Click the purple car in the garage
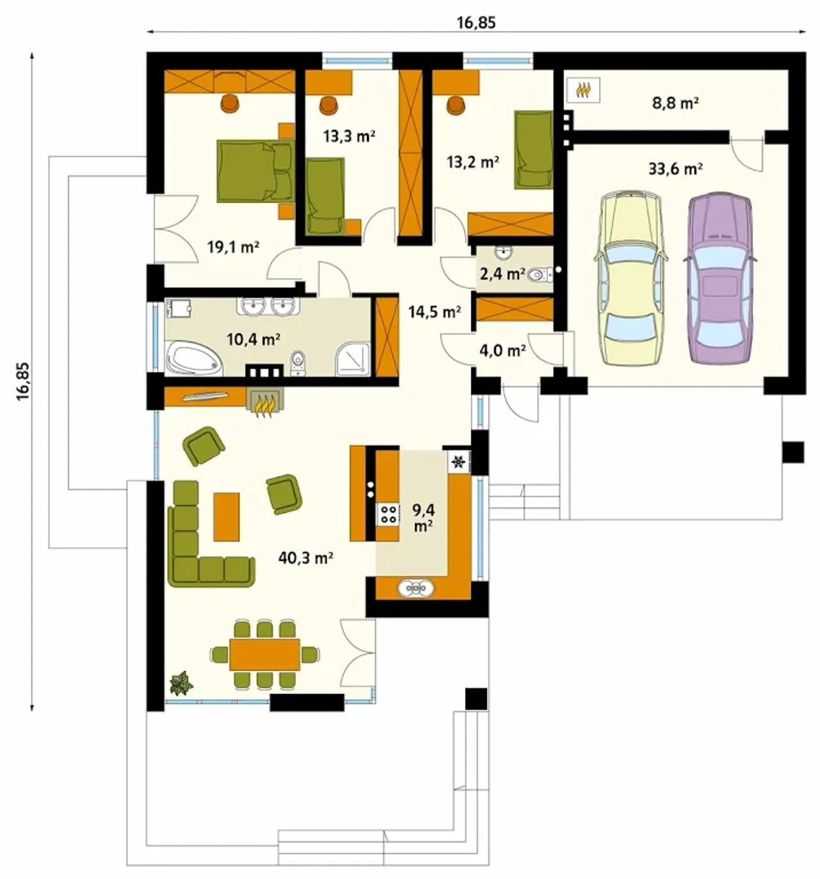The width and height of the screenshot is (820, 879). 719,277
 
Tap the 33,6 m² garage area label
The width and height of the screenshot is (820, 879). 676,169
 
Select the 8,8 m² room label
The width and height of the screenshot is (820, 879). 676,103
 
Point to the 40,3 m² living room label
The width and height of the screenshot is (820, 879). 306,558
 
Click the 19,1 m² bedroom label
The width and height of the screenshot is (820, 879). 233,247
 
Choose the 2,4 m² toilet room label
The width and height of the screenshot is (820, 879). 502,275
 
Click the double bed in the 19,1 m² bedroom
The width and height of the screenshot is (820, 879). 256,172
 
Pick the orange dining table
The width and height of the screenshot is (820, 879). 265,654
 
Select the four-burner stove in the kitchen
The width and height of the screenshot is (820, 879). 388,514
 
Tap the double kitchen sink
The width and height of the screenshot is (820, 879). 416,588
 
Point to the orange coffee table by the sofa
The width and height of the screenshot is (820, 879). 226,517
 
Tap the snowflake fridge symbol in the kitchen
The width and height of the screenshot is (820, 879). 459,462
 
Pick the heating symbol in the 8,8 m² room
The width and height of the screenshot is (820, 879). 583,90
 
